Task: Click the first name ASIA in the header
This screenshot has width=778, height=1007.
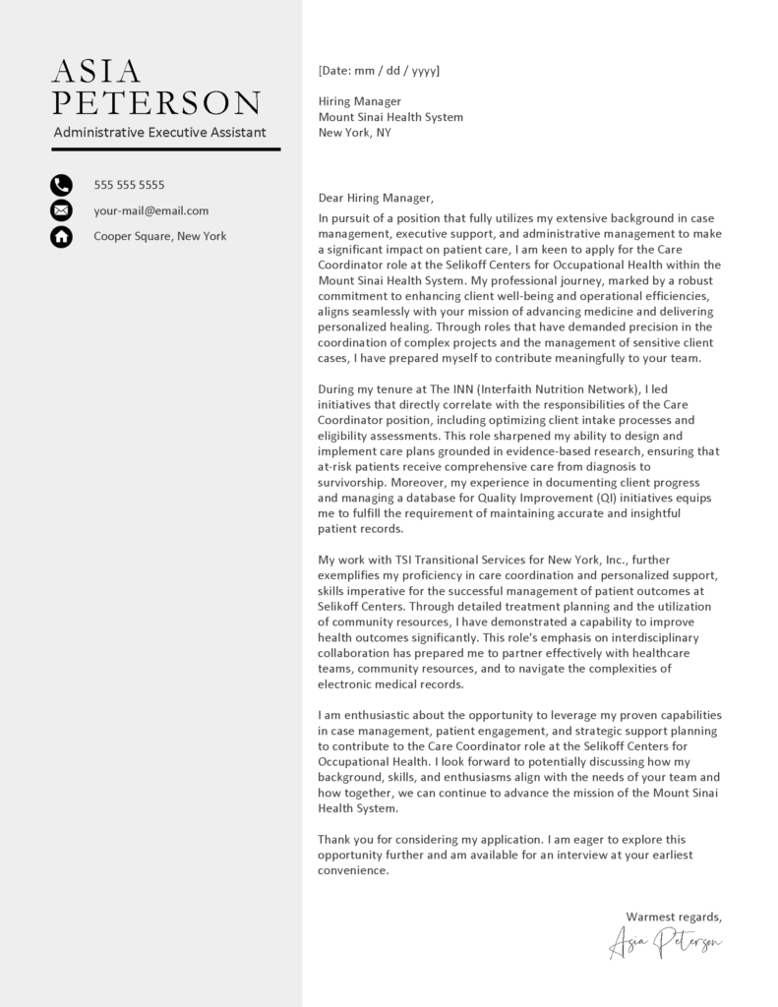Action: tap(96, 72)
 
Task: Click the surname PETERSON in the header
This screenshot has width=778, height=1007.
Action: tap(157, 103)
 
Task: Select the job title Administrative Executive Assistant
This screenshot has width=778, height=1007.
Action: tap(159, 132)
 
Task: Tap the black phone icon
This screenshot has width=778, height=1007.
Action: tap(61, 184)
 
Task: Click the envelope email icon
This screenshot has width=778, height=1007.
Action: tap(61, 210)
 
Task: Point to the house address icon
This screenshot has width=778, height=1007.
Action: tap(61, 236)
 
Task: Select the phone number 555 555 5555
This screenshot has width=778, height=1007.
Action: tap(129, 185)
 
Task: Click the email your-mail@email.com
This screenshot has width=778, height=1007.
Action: tap(150, 210)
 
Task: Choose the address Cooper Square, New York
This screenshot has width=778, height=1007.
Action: tap(159, 236)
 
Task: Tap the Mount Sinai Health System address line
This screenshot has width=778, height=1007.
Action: tap(390, 117)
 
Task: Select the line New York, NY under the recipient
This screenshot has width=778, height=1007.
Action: tap(354, 132)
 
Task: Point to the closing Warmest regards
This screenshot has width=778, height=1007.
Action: tap(674, 917)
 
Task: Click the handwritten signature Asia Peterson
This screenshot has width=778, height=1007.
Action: tap(666, 942)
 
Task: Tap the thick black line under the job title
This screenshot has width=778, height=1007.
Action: tap(165, 148)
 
